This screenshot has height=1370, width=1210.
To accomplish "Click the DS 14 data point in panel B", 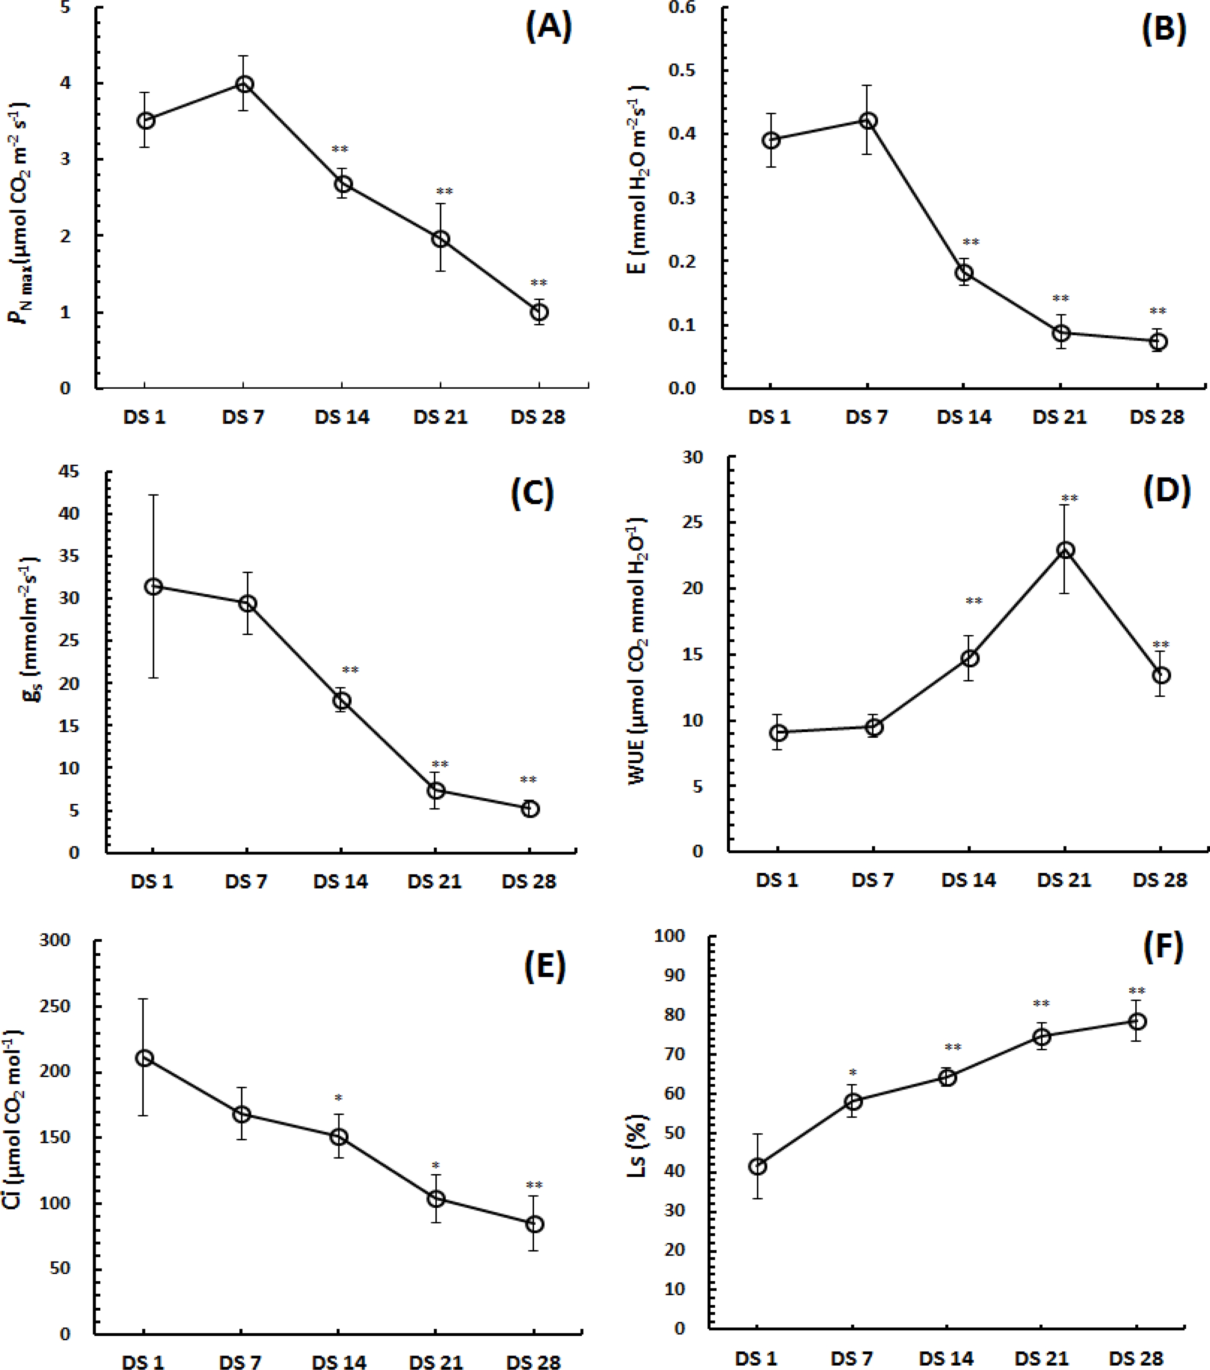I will tap(964, 273).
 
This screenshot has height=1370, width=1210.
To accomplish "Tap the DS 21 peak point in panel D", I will tap(1064, 550).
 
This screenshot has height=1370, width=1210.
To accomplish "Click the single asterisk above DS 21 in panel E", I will tap(436, 1165).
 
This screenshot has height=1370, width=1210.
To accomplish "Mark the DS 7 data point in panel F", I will tap(853, 1101).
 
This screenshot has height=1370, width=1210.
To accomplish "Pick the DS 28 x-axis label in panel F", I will tap(1137, 1358).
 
